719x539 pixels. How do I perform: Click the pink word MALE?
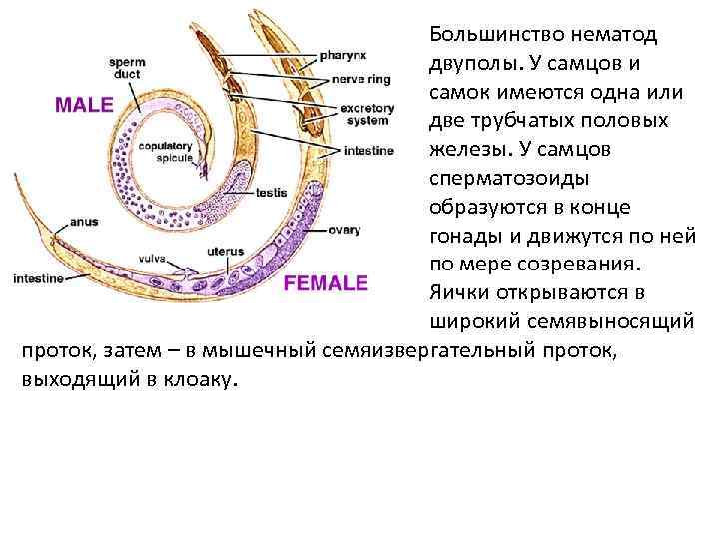click(x=83, y=105)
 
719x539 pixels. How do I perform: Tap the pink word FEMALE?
click(x=326, y=283)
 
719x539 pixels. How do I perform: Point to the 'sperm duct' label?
click(x=128, y=66)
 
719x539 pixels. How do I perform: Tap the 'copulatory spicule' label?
click(x=165, y=151)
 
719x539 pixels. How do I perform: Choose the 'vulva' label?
click(x=153, y=258)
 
